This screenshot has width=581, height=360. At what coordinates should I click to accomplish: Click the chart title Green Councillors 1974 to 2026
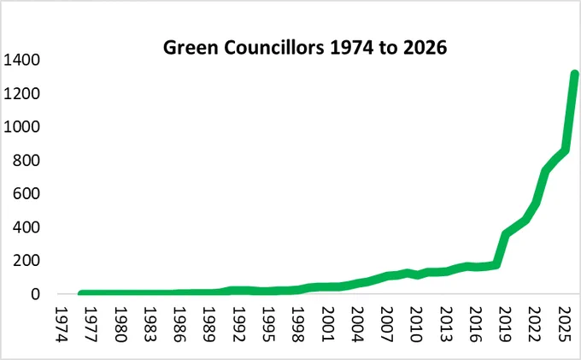305,47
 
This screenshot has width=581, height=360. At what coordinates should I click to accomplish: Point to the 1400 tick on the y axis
21,60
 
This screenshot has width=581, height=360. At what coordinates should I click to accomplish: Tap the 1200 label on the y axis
21,93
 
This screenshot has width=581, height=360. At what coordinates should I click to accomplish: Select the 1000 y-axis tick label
21,127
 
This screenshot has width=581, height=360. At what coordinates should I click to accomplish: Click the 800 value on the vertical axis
26,160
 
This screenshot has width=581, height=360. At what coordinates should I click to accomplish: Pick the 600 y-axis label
26,193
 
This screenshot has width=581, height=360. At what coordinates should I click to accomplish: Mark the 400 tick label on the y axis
26,227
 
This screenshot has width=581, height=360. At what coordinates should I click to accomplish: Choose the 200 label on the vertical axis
26,261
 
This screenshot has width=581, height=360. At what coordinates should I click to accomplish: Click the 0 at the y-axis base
35,294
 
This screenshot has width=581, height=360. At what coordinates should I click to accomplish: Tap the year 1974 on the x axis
62,324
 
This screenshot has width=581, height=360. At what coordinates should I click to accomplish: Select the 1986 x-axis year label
179,324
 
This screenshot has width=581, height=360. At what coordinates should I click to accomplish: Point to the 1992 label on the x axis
238,324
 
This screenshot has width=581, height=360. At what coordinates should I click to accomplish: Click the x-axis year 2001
327,324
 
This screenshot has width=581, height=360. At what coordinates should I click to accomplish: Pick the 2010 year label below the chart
416,324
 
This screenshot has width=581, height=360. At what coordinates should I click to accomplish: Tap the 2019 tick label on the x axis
505,324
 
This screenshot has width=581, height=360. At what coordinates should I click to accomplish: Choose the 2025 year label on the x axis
564,324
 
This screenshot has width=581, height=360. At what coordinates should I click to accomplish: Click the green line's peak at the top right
574,74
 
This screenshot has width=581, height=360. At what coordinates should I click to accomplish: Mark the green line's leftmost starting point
81,293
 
